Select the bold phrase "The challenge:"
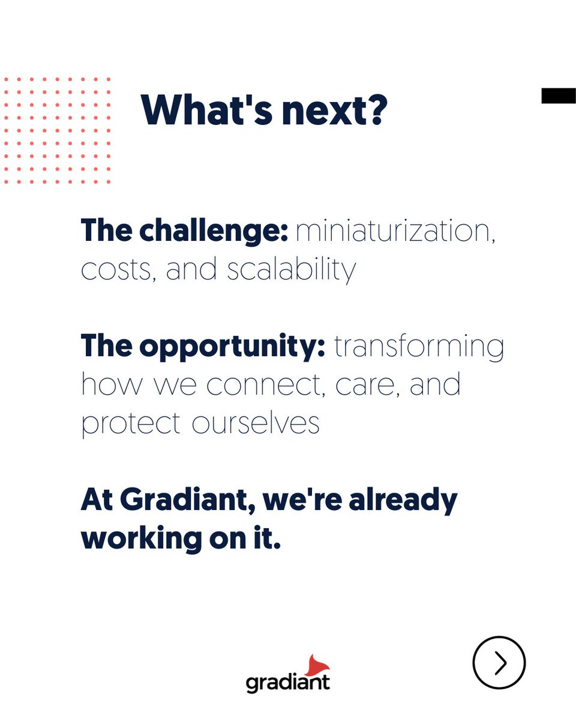(184, 232)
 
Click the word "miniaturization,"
(396, 232)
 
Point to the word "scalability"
(291, 270)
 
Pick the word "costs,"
(117, 270)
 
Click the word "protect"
(130, 424)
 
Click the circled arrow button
(499, 663)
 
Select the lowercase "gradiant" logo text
(287, 682)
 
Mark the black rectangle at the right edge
(559, 96)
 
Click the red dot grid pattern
(56, 130)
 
